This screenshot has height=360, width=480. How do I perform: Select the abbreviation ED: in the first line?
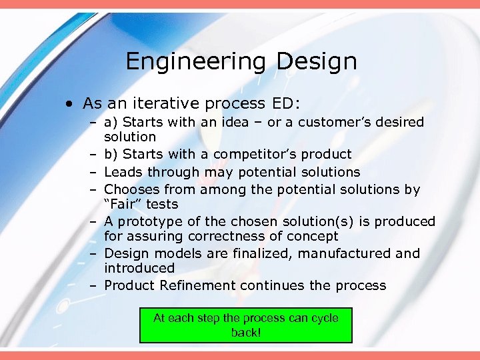tap(287, 103)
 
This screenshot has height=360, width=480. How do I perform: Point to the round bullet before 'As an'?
tap(69, 104)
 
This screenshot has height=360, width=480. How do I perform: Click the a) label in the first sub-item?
tap(111, 122)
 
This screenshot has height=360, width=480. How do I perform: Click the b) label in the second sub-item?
tap(111, 154)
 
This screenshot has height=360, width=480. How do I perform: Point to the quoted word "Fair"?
tap(123, 204)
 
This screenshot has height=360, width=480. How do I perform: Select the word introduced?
tap(139, 268)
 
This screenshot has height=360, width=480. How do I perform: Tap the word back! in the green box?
tap(246, 332)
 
